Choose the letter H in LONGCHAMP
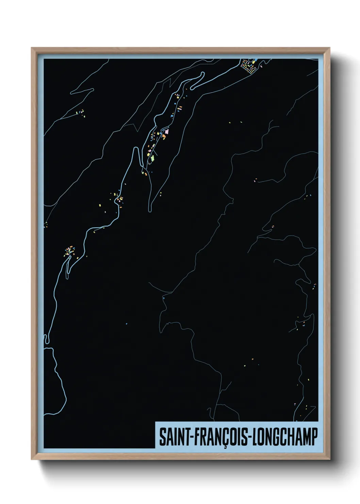(x=291, y=437)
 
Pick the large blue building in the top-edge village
(x=255, y=62)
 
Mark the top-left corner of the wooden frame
(x=32, y=48)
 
